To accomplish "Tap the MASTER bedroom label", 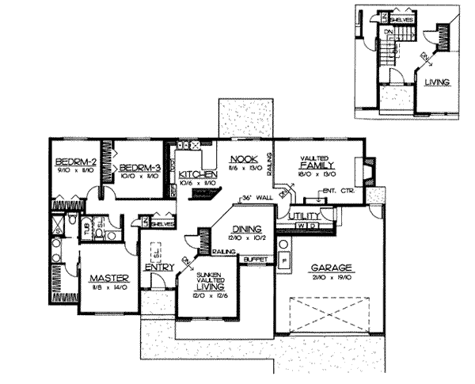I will (x=109, y=278).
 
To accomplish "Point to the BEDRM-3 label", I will (x=141, y=167).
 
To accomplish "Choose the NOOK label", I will (x=241, y=157).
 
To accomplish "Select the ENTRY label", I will (x=160, y=267).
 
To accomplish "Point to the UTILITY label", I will (x=304, y=215).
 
